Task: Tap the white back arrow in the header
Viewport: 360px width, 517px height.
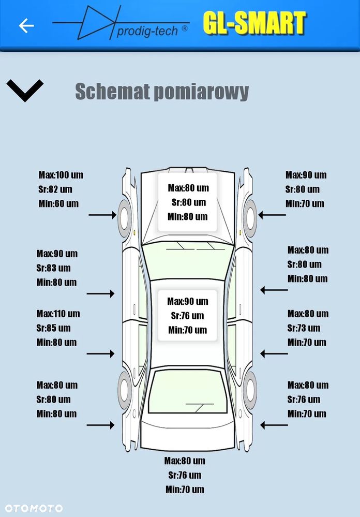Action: [26, 25]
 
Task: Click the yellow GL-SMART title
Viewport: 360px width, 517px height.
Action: [254, 23]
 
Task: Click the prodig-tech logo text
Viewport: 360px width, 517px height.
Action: [147, 32]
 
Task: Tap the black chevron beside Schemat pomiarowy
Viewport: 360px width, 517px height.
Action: [25, 91]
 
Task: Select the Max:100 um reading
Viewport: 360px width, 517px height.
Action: [61, 175]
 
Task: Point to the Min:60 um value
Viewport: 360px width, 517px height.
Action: [58, 203]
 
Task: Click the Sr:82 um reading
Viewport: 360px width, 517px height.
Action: [55, 189]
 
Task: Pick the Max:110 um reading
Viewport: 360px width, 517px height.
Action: [58, 314]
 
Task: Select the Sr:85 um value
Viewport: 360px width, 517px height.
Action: [53, 328]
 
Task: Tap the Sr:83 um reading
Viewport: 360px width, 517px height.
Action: [53, 268]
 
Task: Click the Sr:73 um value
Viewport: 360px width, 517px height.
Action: [304, 328]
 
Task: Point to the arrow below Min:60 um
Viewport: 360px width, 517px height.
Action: [102, 215]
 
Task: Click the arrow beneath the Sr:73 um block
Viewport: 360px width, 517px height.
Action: [274, 354]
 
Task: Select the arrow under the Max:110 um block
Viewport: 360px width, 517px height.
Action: [100, 353]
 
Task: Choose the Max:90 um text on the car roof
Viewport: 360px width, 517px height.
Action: [187, 301]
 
